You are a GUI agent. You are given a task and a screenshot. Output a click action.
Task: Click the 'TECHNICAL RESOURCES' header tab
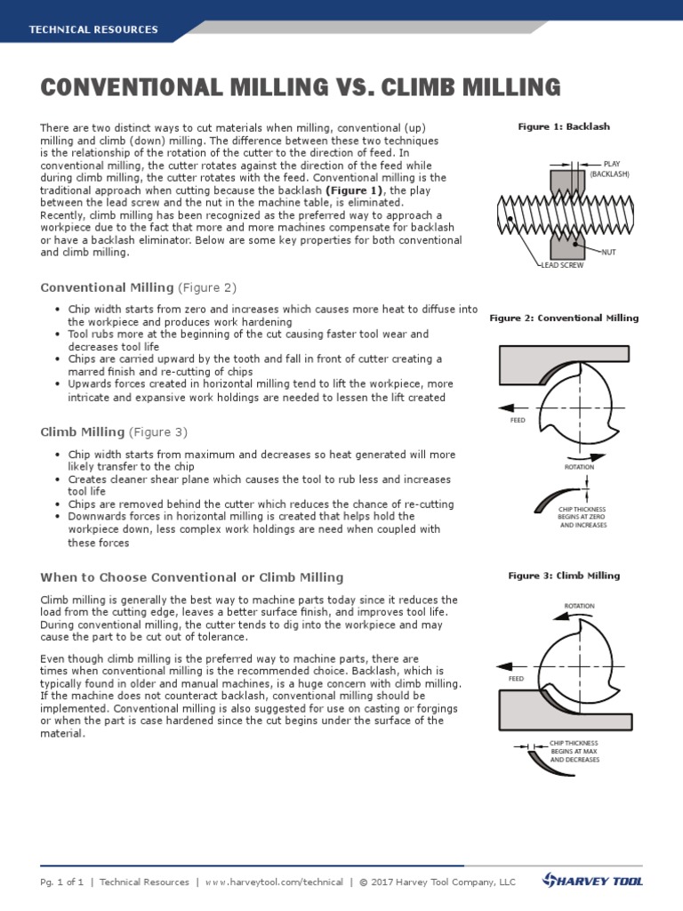tap(93, 29)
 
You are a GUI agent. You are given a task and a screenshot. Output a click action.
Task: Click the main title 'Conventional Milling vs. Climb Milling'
tap(301, 87)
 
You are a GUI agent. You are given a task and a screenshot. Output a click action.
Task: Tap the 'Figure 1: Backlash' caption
tap(564, 127)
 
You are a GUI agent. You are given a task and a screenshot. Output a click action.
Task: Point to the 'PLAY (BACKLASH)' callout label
tap(610, 169)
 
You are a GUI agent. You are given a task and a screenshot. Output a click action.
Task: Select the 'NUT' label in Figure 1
tap(608, 253)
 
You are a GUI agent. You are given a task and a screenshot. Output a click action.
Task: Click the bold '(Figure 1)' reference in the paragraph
tap(354, 190)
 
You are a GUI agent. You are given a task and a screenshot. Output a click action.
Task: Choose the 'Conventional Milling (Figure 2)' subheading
tap(138, 287)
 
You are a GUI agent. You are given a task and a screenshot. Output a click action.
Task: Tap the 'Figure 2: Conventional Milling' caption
tap(564, 318)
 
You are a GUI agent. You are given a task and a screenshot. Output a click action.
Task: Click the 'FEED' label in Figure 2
tap(518, 420)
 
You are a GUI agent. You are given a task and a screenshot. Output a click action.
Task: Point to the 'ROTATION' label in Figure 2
tap(580, 466)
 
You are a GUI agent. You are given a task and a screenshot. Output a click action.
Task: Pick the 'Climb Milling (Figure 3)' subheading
tap(114, 432)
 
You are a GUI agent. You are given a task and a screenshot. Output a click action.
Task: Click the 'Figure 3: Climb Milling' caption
tap(564, 576)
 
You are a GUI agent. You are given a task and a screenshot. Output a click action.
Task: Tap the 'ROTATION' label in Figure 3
tap(580, 606)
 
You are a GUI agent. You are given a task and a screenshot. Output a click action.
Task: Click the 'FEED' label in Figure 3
tap(516, 678)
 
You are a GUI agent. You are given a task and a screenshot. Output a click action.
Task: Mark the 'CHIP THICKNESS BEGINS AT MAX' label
tap(575, 751)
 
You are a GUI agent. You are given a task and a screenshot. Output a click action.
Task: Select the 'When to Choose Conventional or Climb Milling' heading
tap(192, 577)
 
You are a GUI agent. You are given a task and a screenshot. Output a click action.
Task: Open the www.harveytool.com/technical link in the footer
tap(273, 883)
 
